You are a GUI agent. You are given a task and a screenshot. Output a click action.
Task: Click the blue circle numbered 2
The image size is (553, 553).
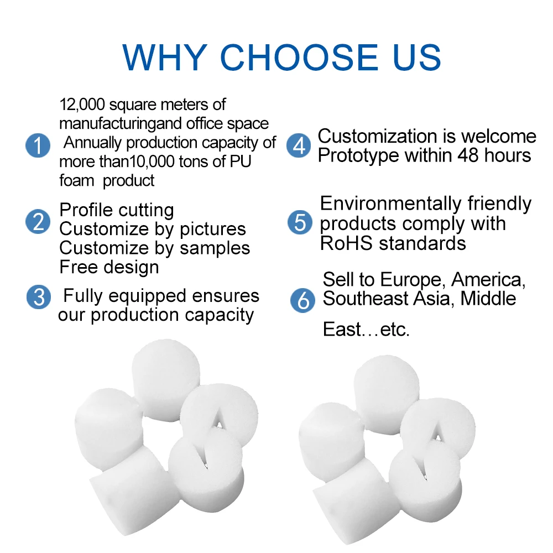pyautogui.click(x=38, y=222)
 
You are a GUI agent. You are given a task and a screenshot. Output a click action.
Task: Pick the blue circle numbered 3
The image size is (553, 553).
pyautogui.click(x=38, y=297)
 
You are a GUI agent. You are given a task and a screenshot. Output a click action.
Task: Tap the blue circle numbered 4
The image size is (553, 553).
pyautogui.click(x=299, y=146)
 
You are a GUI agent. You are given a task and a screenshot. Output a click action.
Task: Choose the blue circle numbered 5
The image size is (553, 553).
pyautogui.click(x=300, y=222)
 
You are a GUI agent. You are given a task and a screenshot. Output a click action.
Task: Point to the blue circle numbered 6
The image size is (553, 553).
pyautogui.click(x=302, y=300)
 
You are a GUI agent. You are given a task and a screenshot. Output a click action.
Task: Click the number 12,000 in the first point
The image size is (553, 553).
pyautogui.click(x=82, y=105)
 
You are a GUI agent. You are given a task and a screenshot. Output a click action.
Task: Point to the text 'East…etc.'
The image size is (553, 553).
pyautogui.click(x=366, y=330)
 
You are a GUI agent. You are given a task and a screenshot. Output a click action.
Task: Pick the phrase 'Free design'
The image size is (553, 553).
pyautogui.click(x=109, y=268)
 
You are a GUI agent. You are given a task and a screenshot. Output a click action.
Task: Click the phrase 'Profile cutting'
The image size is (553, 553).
pyautogui.click(x=116, y=210)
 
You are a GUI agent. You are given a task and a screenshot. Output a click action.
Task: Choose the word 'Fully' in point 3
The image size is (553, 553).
pyautogui.click(x=83, y=296)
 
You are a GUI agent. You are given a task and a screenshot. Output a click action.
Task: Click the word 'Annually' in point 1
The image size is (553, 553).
pyautogui.click(x=92, y=143)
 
